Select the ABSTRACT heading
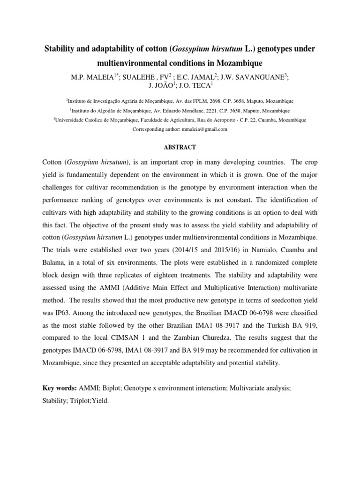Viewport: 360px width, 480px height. pyautogui.click(x=180, y=147)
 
